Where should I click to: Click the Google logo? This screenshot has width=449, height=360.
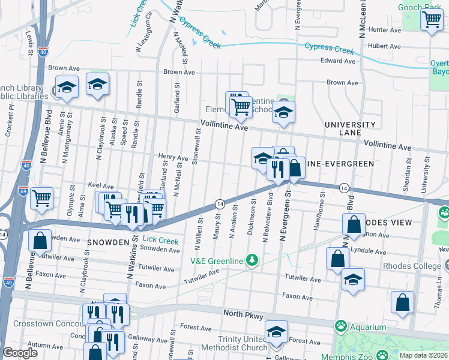tap(20, 353)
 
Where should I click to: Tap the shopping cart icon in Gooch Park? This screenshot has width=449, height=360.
tap(432, 20)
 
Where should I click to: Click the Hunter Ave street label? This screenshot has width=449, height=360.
tap(385, 29)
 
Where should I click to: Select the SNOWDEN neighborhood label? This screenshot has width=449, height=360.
tap(107, 242)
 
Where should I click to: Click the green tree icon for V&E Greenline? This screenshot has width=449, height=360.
tap(253, 260)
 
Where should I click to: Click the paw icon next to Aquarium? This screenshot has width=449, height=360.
tap(341, 327)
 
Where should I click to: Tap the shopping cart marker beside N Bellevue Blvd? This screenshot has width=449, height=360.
tap(41, 197)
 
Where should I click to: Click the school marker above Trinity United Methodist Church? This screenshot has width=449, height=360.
tap(276, 331)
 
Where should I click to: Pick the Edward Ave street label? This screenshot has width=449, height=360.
tap(338, 61)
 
